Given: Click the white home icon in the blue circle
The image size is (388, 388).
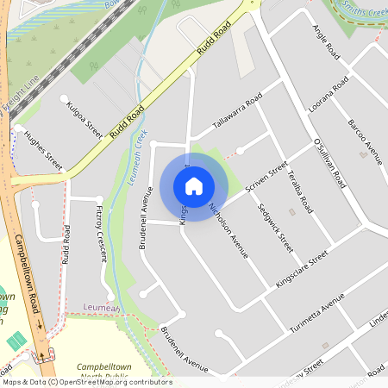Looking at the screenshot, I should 194,185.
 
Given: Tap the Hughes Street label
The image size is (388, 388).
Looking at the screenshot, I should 43,149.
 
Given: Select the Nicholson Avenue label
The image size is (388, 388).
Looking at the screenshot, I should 229,230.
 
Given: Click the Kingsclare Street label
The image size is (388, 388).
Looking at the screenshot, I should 302,270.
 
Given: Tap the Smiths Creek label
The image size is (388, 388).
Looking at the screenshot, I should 360,11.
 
